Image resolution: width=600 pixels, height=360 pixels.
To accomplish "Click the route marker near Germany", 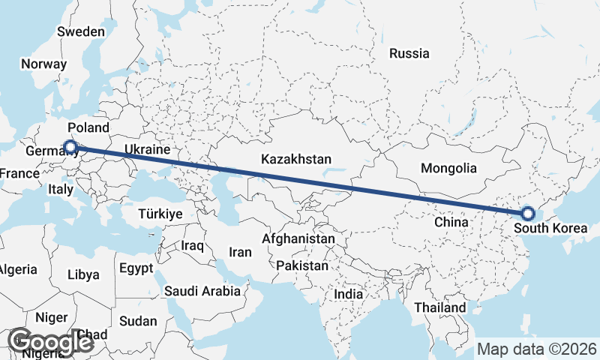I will pos(70,147).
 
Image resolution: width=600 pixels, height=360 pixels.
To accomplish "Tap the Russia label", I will pos(409,53).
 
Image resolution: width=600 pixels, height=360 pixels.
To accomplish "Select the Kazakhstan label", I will pos(296,159).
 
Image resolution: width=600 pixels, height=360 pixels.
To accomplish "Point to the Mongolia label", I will pos(448,168).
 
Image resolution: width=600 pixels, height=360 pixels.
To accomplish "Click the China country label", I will pos(451,222).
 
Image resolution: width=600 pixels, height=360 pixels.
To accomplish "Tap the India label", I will pos(348,295).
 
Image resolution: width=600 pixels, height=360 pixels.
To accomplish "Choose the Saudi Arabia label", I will pos(202,291).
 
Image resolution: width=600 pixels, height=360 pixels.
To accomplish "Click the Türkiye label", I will pos(160,214).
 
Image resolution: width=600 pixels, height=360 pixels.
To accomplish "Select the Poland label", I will pos(88,127).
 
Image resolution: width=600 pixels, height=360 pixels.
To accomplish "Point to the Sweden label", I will pos(81,31).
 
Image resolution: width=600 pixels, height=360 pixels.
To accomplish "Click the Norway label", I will pos(43,64).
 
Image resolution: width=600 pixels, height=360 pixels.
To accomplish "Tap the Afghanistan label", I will pos(298,238).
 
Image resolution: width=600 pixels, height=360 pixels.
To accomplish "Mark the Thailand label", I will pos(439,307).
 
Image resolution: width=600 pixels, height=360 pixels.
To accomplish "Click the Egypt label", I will pos(136,268).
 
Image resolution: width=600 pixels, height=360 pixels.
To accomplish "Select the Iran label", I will pos(240,253).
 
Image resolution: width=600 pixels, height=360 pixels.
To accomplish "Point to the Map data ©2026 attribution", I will pos(537,349).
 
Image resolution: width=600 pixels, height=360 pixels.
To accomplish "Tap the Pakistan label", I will pos(302,265).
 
